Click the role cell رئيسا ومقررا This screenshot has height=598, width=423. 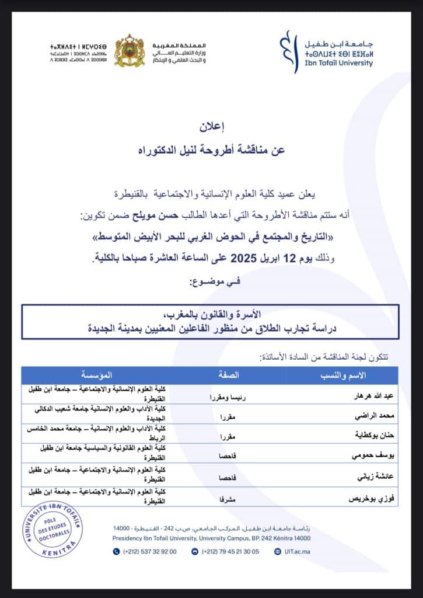point(228,395)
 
